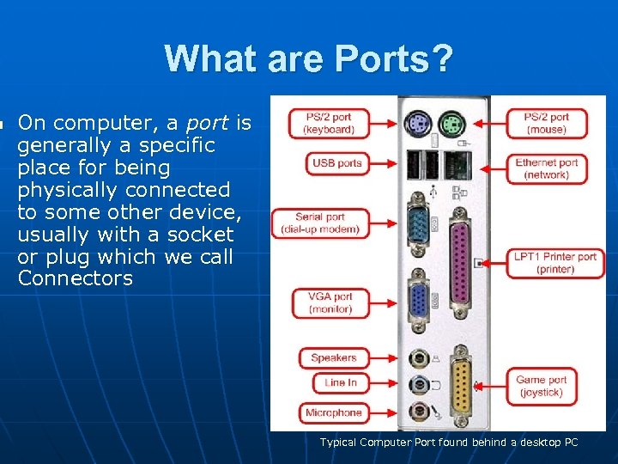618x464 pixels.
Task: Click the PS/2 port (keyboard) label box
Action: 329,123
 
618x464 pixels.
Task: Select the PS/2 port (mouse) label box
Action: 547,123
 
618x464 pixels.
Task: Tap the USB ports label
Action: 337,163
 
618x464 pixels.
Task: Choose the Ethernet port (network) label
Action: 547,168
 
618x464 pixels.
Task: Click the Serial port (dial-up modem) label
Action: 320,223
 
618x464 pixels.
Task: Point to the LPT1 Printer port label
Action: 555,263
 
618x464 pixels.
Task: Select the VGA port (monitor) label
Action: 330,302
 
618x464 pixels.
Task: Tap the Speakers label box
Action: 333,357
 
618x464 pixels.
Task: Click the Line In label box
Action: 340,382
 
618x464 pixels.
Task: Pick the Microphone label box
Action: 333,412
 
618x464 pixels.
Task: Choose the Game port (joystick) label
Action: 542,386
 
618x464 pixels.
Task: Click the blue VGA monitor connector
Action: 420,302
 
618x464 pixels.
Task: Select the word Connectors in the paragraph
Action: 76,278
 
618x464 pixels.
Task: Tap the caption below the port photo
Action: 449,443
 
